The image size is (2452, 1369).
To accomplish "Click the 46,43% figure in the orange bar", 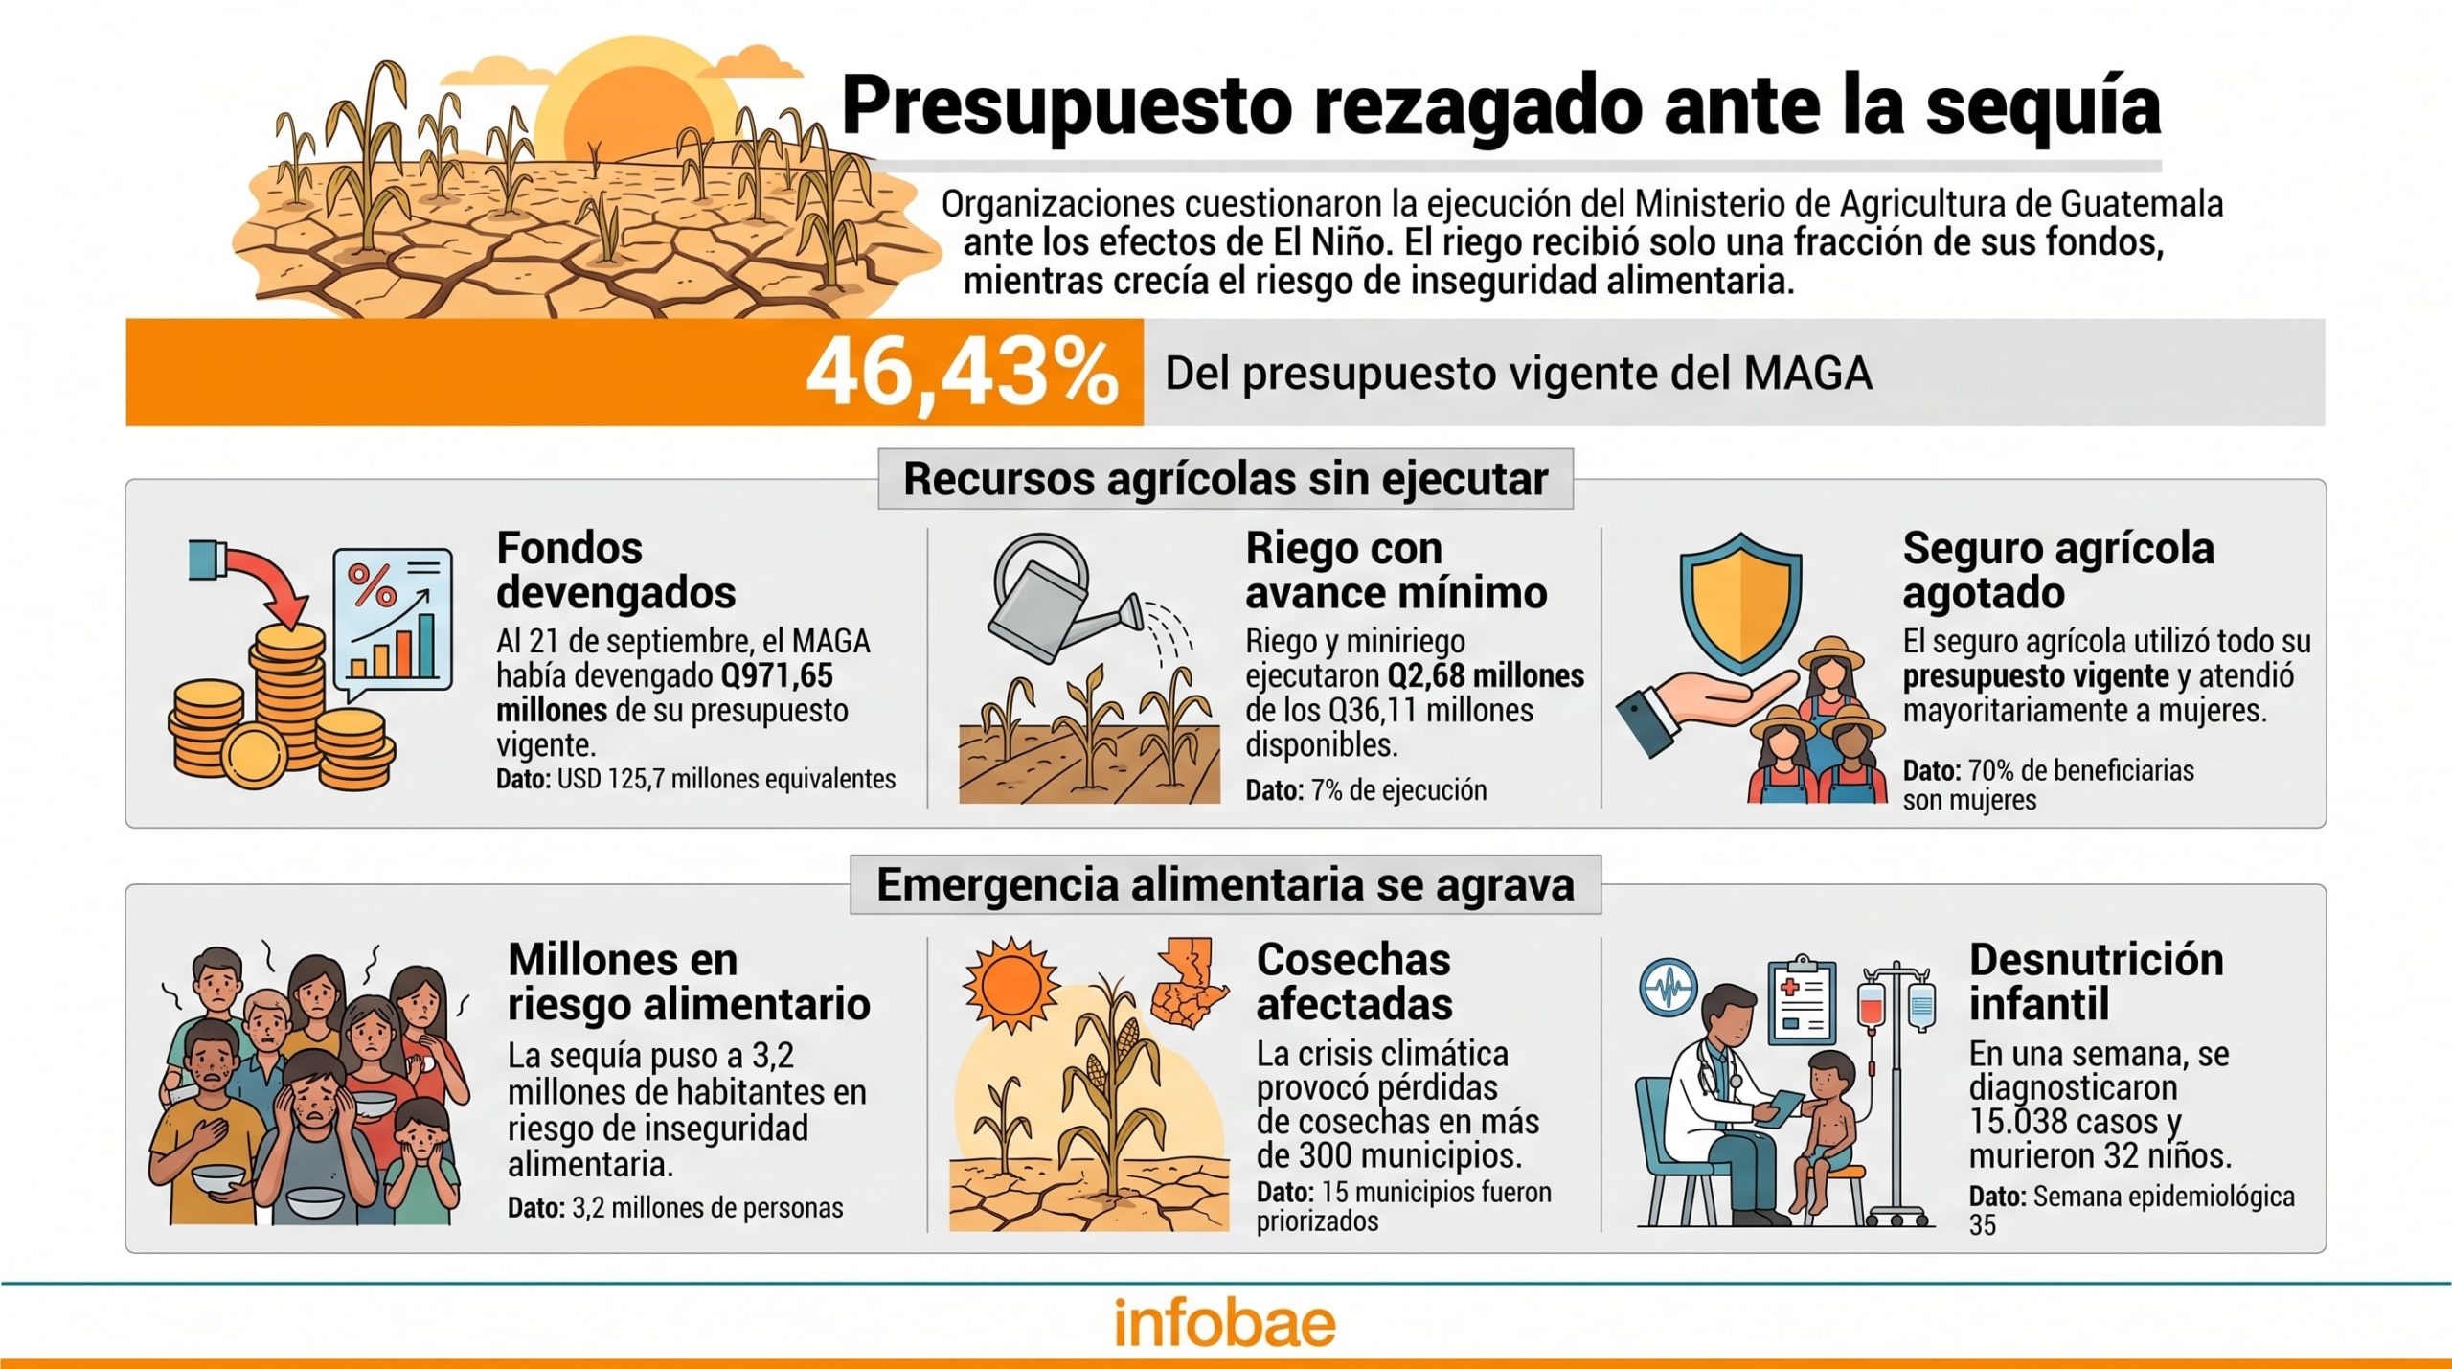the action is pyautogui.click(x=962, y=373).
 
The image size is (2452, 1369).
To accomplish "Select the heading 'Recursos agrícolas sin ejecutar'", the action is pyautogui.click(x=1225, y=479).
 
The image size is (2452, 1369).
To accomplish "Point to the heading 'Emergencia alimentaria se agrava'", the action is pyautogui.click(x=1225, y=884).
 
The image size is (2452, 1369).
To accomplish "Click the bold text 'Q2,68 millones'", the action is pyautogui.click(x=1486, y=676).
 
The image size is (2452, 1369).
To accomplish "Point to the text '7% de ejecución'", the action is pyautogui.click(x=1398, y=790).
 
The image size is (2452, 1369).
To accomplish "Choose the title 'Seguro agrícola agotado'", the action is pyautogui.click(x=2058, y=570).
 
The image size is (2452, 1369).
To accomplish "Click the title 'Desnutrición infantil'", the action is pyautogui.click(x=2096, y=982).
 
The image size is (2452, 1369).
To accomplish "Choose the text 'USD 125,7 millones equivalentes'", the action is pyautogui.click(x=726, y=779).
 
